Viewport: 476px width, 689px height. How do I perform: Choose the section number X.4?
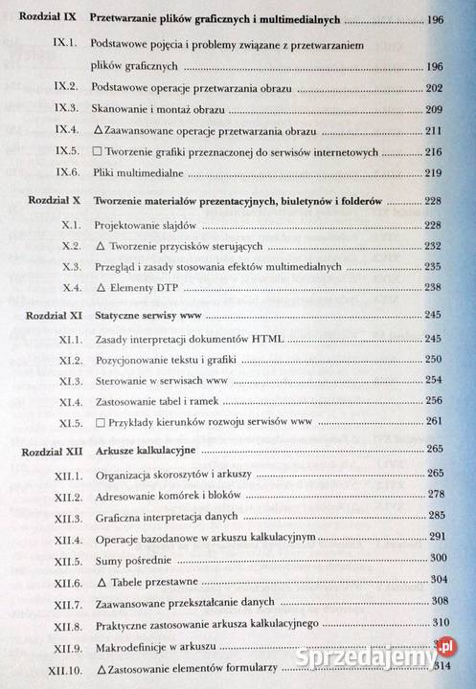click(67, 286)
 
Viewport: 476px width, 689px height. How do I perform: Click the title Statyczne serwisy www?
click(143, 313)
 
